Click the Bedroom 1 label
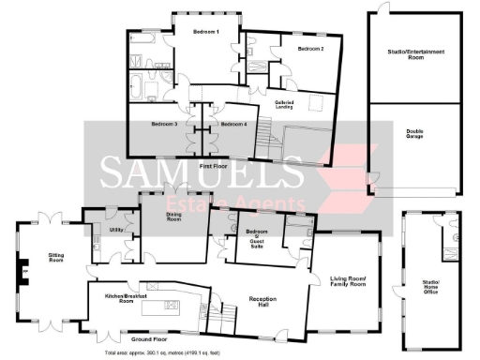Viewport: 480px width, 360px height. click(205, 32)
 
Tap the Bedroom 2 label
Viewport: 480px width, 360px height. click(310, 48)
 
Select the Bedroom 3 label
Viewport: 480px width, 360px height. click(164, 123)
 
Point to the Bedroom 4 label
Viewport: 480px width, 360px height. click(233, 123)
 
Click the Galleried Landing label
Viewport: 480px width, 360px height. click(286, 105)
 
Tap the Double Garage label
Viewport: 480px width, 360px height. click(414, 134)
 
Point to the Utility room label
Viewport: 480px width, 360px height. click(117, 229)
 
